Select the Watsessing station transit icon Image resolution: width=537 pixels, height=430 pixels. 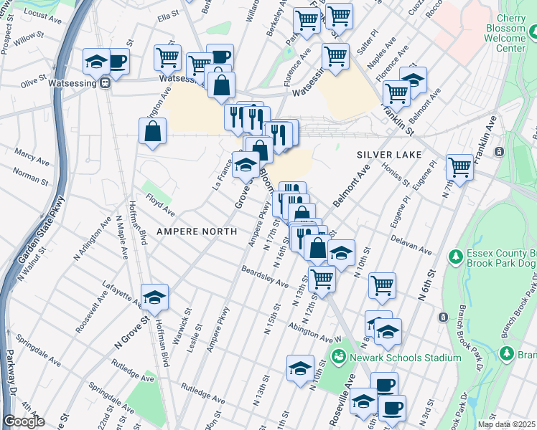(105, 82)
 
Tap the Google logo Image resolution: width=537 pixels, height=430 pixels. (24, 421)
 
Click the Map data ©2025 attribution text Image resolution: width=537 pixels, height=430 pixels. (507, 424)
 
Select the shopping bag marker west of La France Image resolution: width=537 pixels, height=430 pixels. (153, 133)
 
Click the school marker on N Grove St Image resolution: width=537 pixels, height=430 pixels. (154, 297)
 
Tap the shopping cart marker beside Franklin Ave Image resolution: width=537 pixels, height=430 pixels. (459, 168)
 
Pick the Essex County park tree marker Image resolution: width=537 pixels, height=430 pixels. (454, 256)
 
